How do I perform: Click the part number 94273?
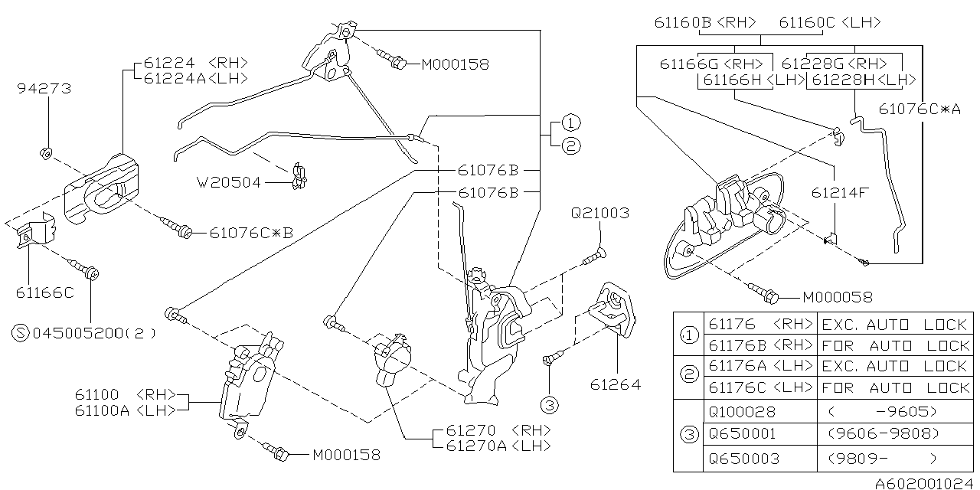click(44, 89)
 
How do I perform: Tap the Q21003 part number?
click(599, 213)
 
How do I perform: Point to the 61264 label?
click(615, 384)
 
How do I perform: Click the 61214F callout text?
click(840, 192)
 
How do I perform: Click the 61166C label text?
click(44, 292)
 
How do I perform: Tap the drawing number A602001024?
click(925, 483)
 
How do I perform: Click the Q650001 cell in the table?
click(743, 433)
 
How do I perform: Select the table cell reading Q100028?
click(743, 412)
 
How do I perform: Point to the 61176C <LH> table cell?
click(760, 387)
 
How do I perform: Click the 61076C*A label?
click(920, 109)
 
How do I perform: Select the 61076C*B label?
click(251, 233)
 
